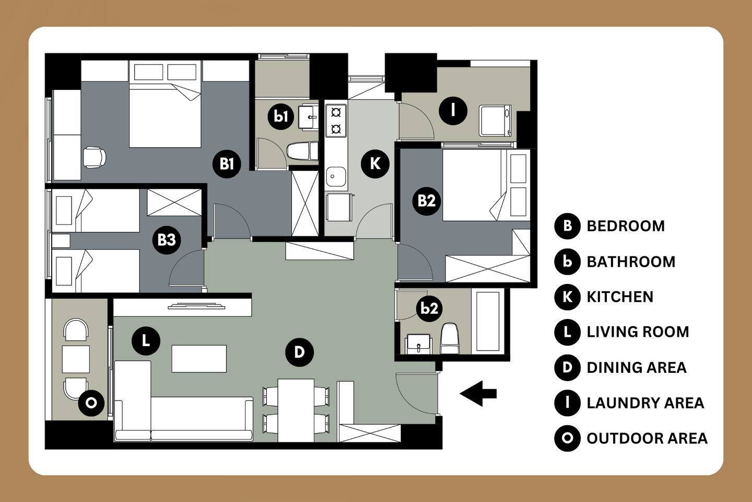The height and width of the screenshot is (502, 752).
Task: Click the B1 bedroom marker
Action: [x=227, y=164]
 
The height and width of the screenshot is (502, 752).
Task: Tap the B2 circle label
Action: [x=426, y=201]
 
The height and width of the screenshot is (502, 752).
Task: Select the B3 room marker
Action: [x=167, y=239]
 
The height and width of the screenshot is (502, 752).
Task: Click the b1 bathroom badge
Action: [x=280, y=116]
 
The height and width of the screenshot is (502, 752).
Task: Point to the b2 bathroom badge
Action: [x=429, y=308]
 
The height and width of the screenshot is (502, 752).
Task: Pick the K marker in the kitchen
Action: [x=375, y=164]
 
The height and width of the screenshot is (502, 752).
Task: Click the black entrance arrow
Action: [x=478, y=393]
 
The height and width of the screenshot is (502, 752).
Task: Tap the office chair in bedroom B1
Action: [x=95, y=157]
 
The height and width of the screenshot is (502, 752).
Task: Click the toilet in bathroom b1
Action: [x=302, y=151]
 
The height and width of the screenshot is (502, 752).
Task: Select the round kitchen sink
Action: [x=336, y=177]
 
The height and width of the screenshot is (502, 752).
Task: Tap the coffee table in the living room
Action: [x=199, y=358]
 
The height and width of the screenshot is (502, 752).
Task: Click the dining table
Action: [x=296, y=410]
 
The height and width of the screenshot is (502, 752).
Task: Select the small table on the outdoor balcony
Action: [x=76, y=359]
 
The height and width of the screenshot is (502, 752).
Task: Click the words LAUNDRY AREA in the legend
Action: [x=645, y=403]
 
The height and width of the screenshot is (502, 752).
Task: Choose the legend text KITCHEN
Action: [x=620, y=296]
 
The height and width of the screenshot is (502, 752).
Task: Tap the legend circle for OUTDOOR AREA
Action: [x=567, y=438]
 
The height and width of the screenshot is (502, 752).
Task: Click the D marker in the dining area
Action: [x=299, y=352]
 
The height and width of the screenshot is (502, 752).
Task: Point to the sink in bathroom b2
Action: [x=419, y=344]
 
